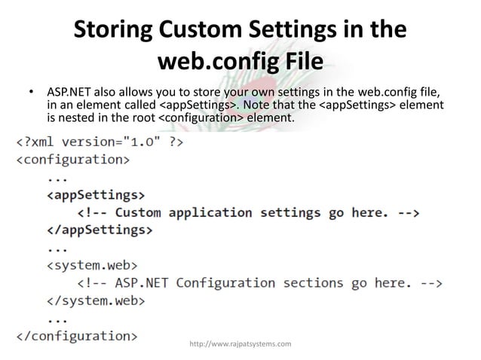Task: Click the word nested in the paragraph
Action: (x=76, y=118)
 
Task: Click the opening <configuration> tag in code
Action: (x=73, y=160)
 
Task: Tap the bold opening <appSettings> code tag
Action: (x=96, y=195)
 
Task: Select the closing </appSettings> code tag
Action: (x=100, y=230)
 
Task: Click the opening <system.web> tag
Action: (x=93, y=265)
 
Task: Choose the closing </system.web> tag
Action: (x=97, y=301)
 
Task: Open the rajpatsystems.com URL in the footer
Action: (x=240, y=345)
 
